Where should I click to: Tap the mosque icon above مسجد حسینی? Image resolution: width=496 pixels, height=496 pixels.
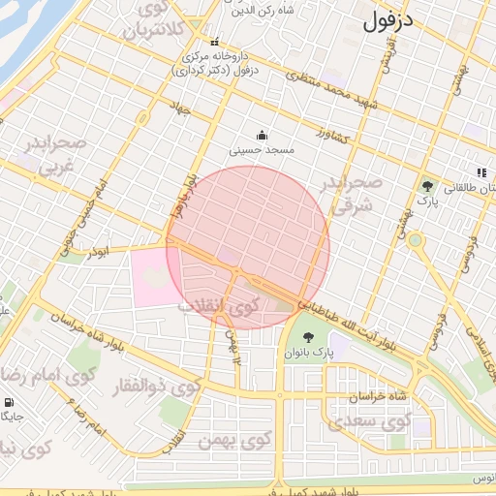point(261,136)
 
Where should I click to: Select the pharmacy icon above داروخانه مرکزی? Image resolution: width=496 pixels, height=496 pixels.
point(214,42)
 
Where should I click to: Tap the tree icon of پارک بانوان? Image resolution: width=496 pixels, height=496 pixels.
point(308,338)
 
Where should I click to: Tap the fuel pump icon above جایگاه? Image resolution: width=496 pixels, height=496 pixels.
point(9,402)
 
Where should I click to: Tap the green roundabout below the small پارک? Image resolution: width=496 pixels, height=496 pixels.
point(416,239)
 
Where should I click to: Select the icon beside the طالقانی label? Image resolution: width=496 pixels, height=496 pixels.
point(479,171)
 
